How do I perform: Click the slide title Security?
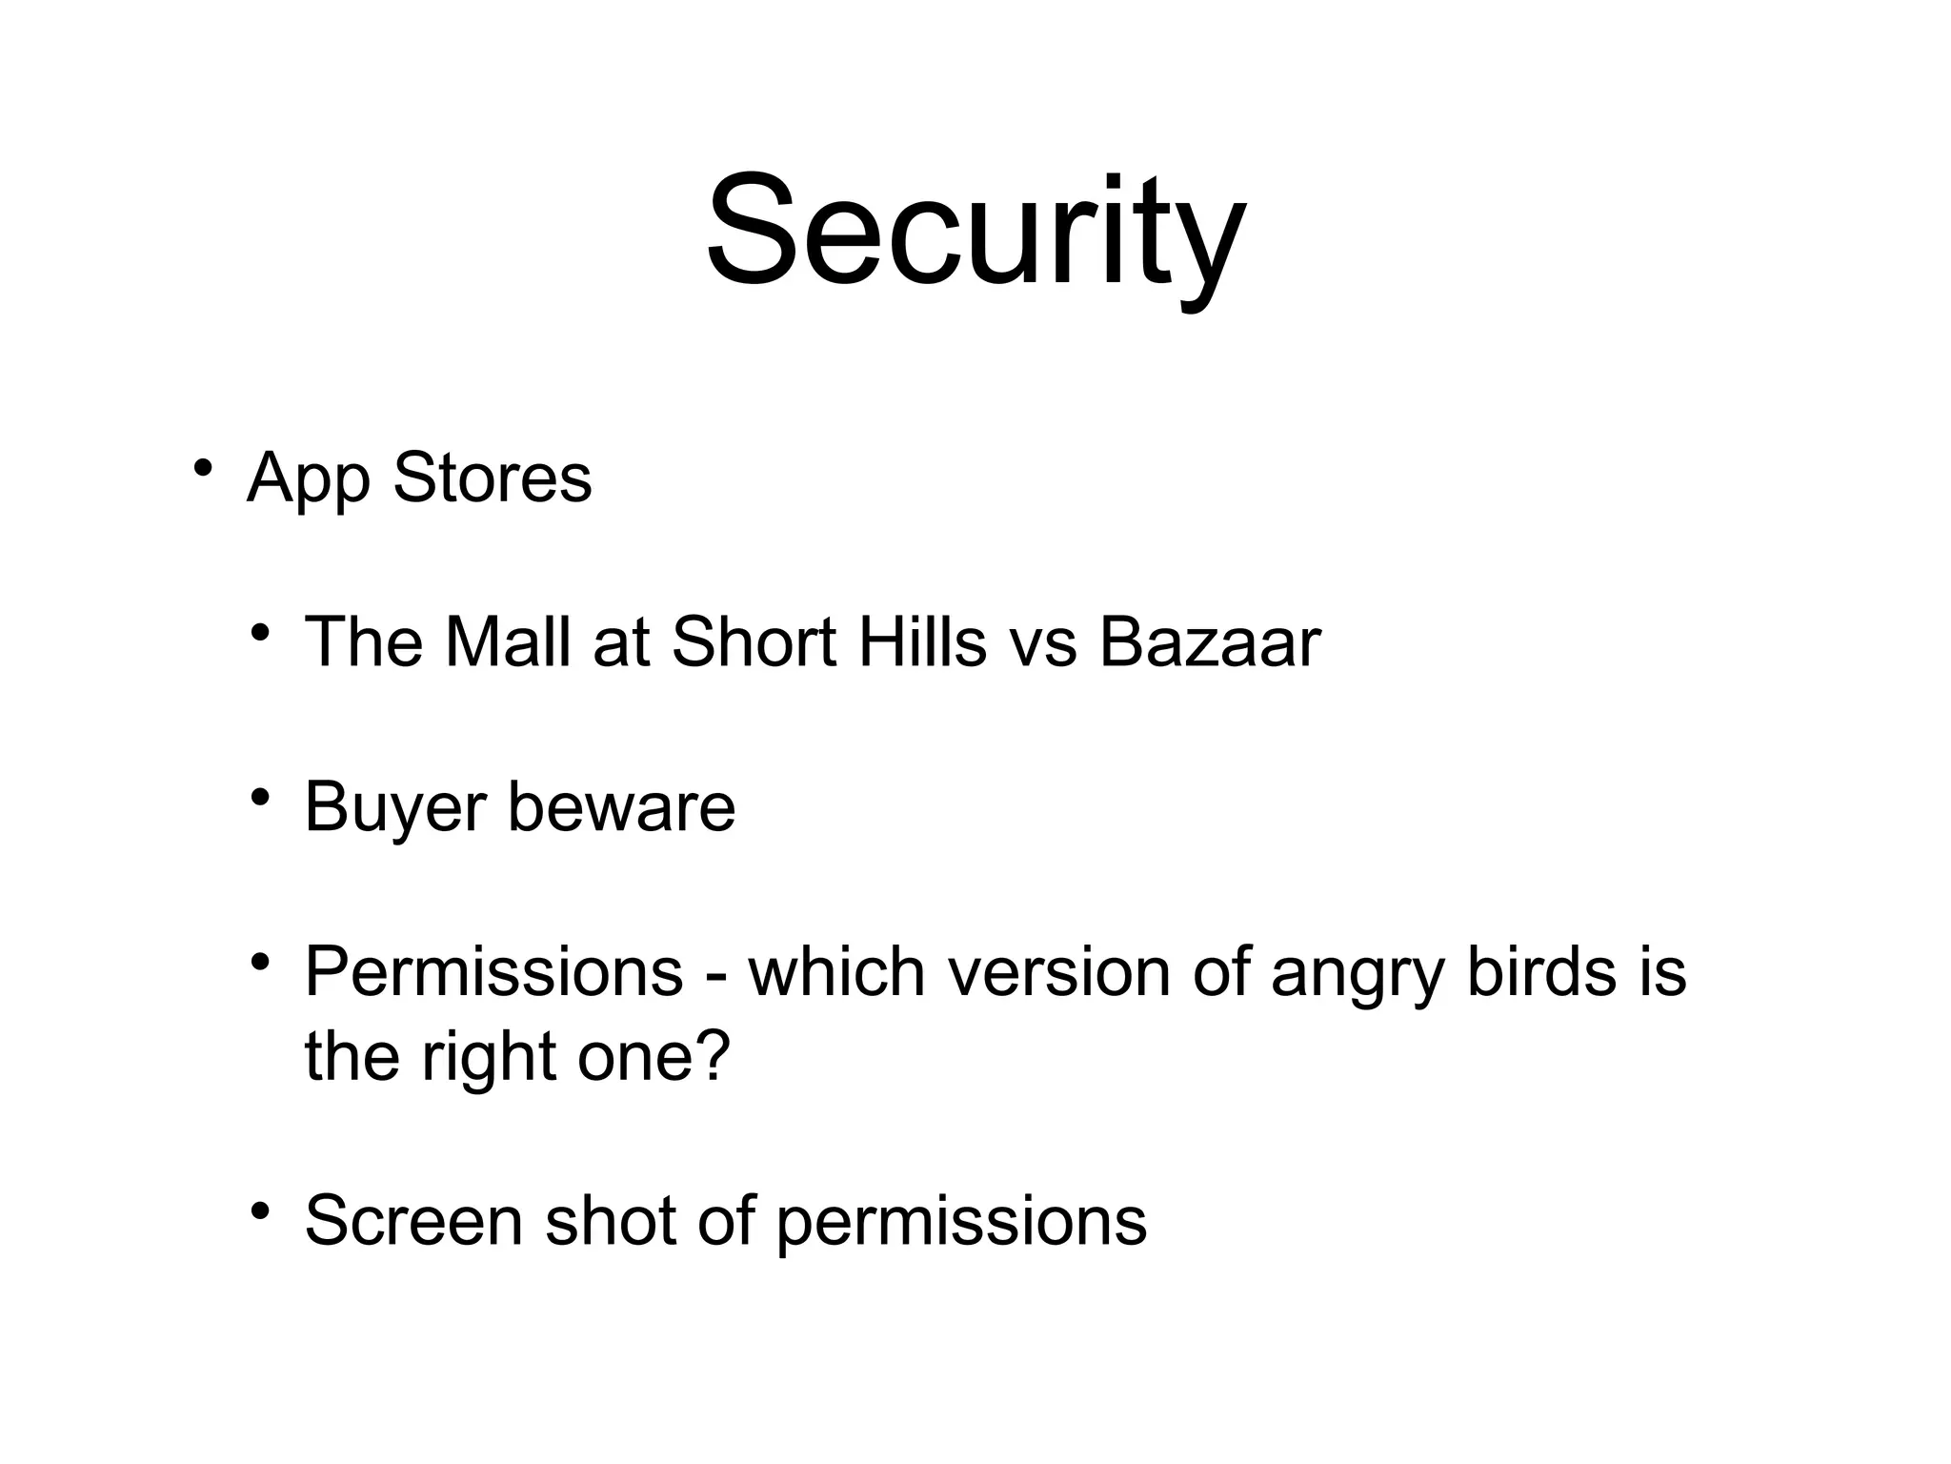pos(975,234)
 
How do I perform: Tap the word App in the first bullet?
pos(308,479)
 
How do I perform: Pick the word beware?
pos(621,807)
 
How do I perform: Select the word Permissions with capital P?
pos(493,973)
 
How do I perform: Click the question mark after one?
pos(714,1055)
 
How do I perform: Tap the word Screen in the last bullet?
pos(413,1221)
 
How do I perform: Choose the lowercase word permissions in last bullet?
pos(961,1223)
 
